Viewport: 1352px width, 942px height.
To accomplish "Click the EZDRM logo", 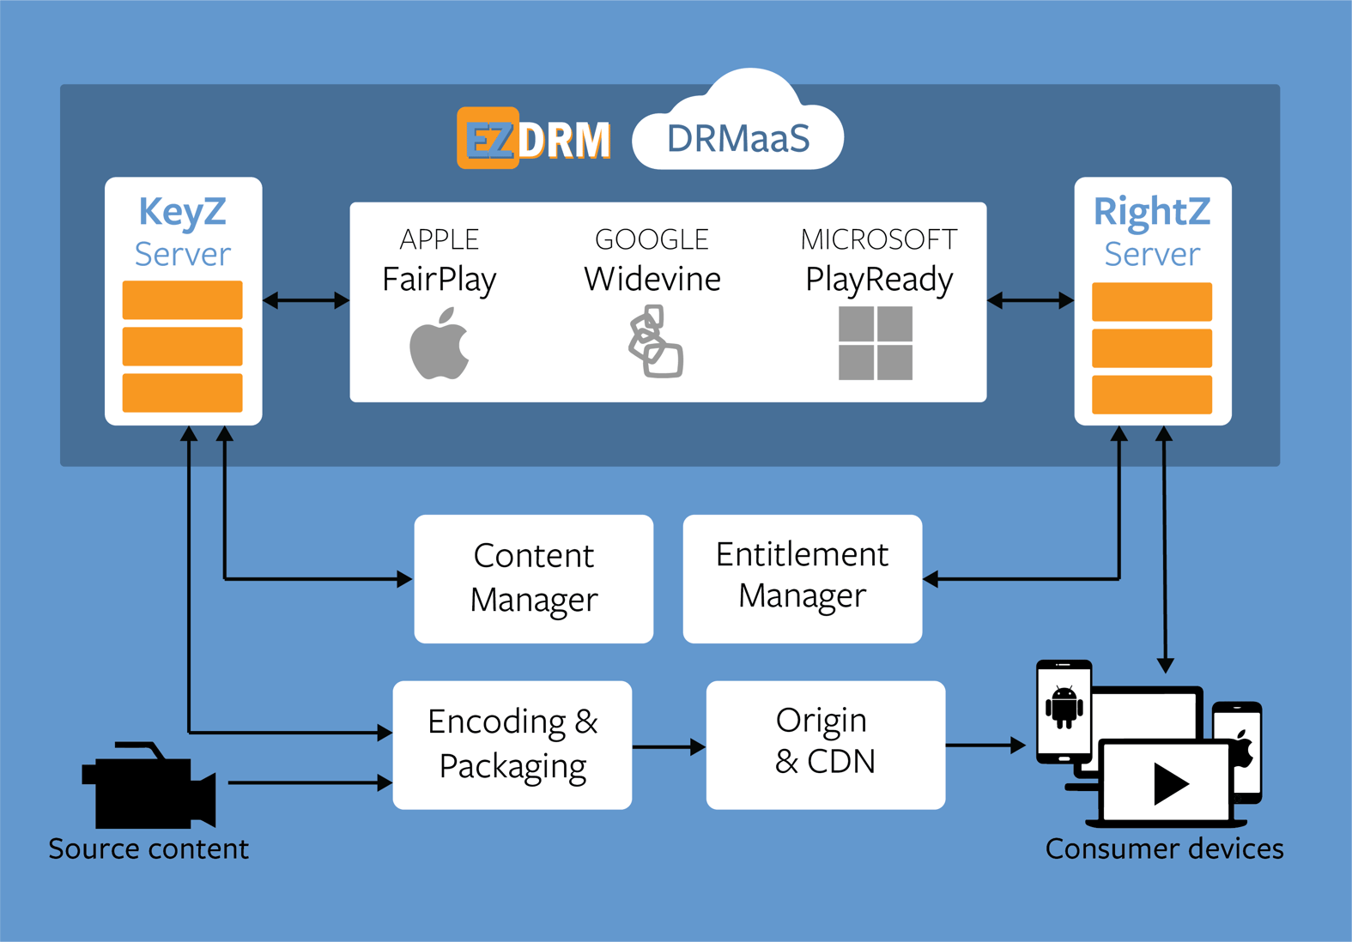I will [534, 139].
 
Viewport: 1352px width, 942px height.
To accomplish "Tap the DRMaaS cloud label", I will [738, 139].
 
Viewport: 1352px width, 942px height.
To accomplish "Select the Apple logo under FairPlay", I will [439, 345].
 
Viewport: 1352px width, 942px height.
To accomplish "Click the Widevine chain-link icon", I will [655, 342].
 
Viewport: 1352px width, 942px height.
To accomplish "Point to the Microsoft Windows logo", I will [876, 343].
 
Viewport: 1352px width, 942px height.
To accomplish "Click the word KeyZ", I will [183, 212].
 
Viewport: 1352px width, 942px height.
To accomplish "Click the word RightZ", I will [1151, 212].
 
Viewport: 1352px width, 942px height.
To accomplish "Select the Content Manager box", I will [533, 578].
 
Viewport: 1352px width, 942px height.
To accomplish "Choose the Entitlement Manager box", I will [802, 578].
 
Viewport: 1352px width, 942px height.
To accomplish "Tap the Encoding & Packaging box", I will [512, 745].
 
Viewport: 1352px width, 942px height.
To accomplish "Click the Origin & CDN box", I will [825, 745].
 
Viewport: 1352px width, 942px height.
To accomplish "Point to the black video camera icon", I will [148, 786].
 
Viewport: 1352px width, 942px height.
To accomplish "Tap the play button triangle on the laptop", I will [1169, 783].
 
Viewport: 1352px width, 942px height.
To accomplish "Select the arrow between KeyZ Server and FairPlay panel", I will [306, 300].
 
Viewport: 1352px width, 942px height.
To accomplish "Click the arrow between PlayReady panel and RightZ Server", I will [1030, 300].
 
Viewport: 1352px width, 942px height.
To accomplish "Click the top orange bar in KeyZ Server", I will [182, 300].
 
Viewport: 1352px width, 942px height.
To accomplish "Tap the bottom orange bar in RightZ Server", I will [1151, 394].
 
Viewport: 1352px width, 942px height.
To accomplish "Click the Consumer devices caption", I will [1164, 848].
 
